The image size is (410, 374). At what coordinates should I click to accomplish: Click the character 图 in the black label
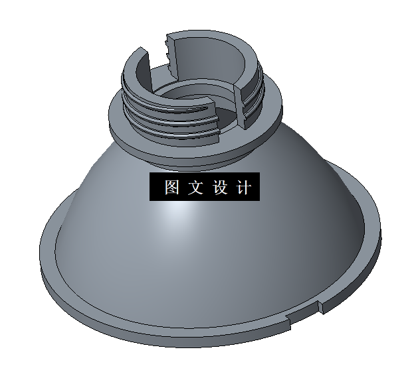[x=172, y=187]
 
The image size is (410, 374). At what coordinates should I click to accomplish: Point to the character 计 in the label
[x=243, y=187]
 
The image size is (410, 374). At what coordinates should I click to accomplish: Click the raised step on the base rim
[x=320, y=306]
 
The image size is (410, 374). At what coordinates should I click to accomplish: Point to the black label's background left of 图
[x=155, y=187]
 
